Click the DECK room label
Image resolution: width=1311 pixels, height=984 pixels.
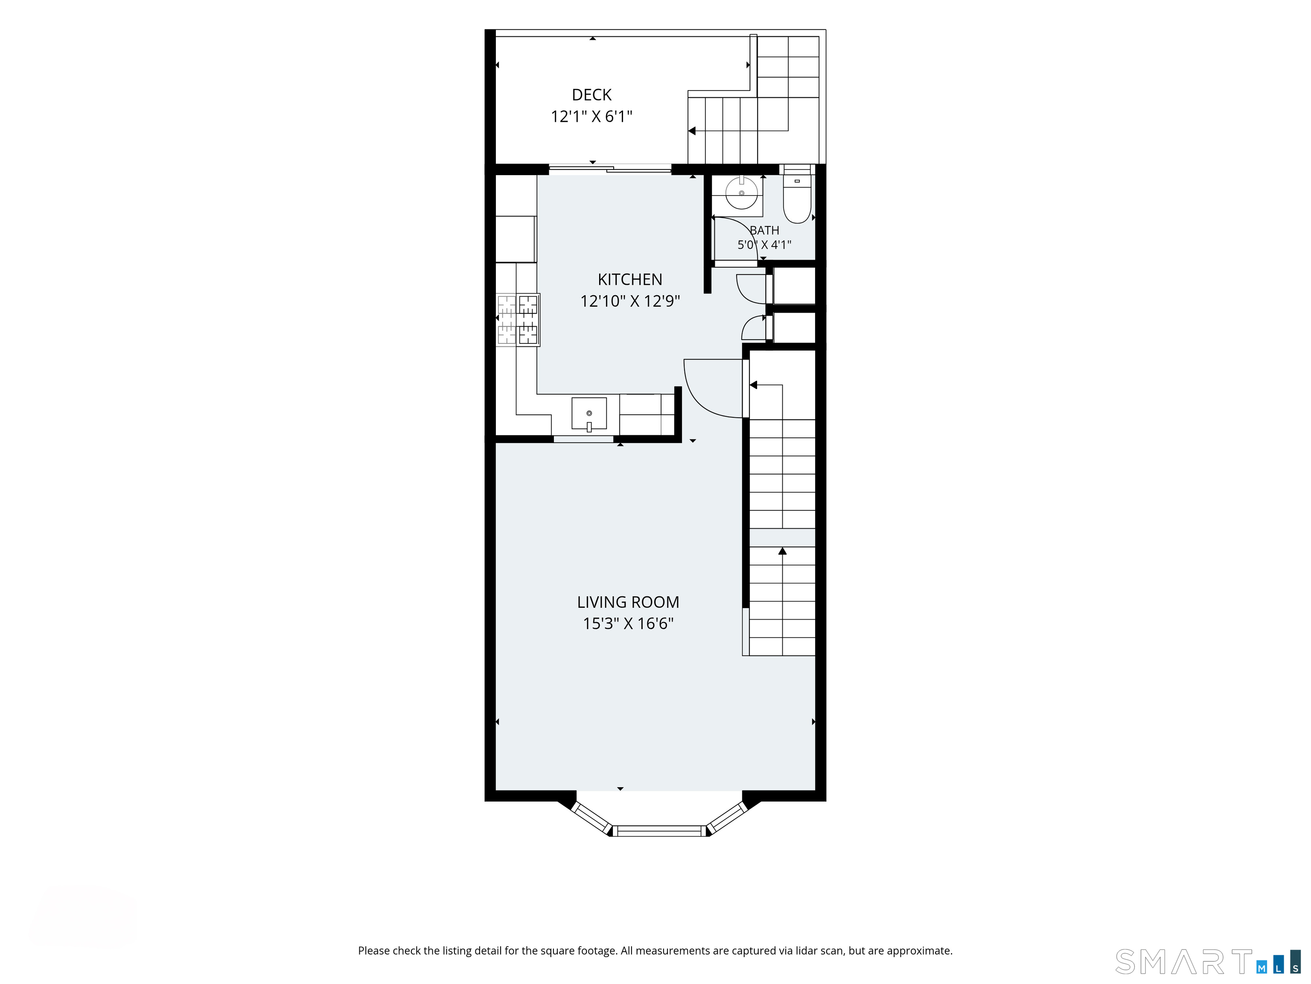tap(591, 95)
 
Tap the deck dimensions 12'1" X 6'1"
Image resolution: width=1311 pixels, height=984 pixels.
tap(591, 116)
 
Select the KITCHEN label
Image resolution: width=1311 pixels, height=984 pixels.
tap(629, 279)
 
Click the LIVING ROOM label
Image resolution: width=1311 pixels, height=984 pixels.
tap(628, 602)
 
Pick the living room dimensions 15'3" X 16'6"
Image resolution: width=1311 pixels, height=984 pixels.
tap(628, 624)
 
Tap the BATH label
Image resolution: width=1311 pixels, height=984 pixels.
tap(765, 230)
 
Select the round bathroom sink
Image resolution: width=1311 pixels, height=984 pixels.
tap(741, 192)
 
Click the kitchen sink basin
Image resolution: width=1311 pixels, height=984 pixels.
tap(589, 413)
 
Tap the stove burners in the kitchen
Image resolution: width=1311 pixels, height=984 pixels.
tap(517, 320)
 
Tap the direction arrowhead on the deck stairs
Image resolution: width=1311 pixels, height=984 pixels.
tap(692, 131)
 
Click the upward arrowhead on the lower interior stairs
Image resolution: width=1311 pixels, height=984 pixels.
tap(782, 551)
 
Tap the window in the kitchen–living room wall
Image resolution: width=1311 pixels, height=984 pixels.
tap(583, 439)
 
